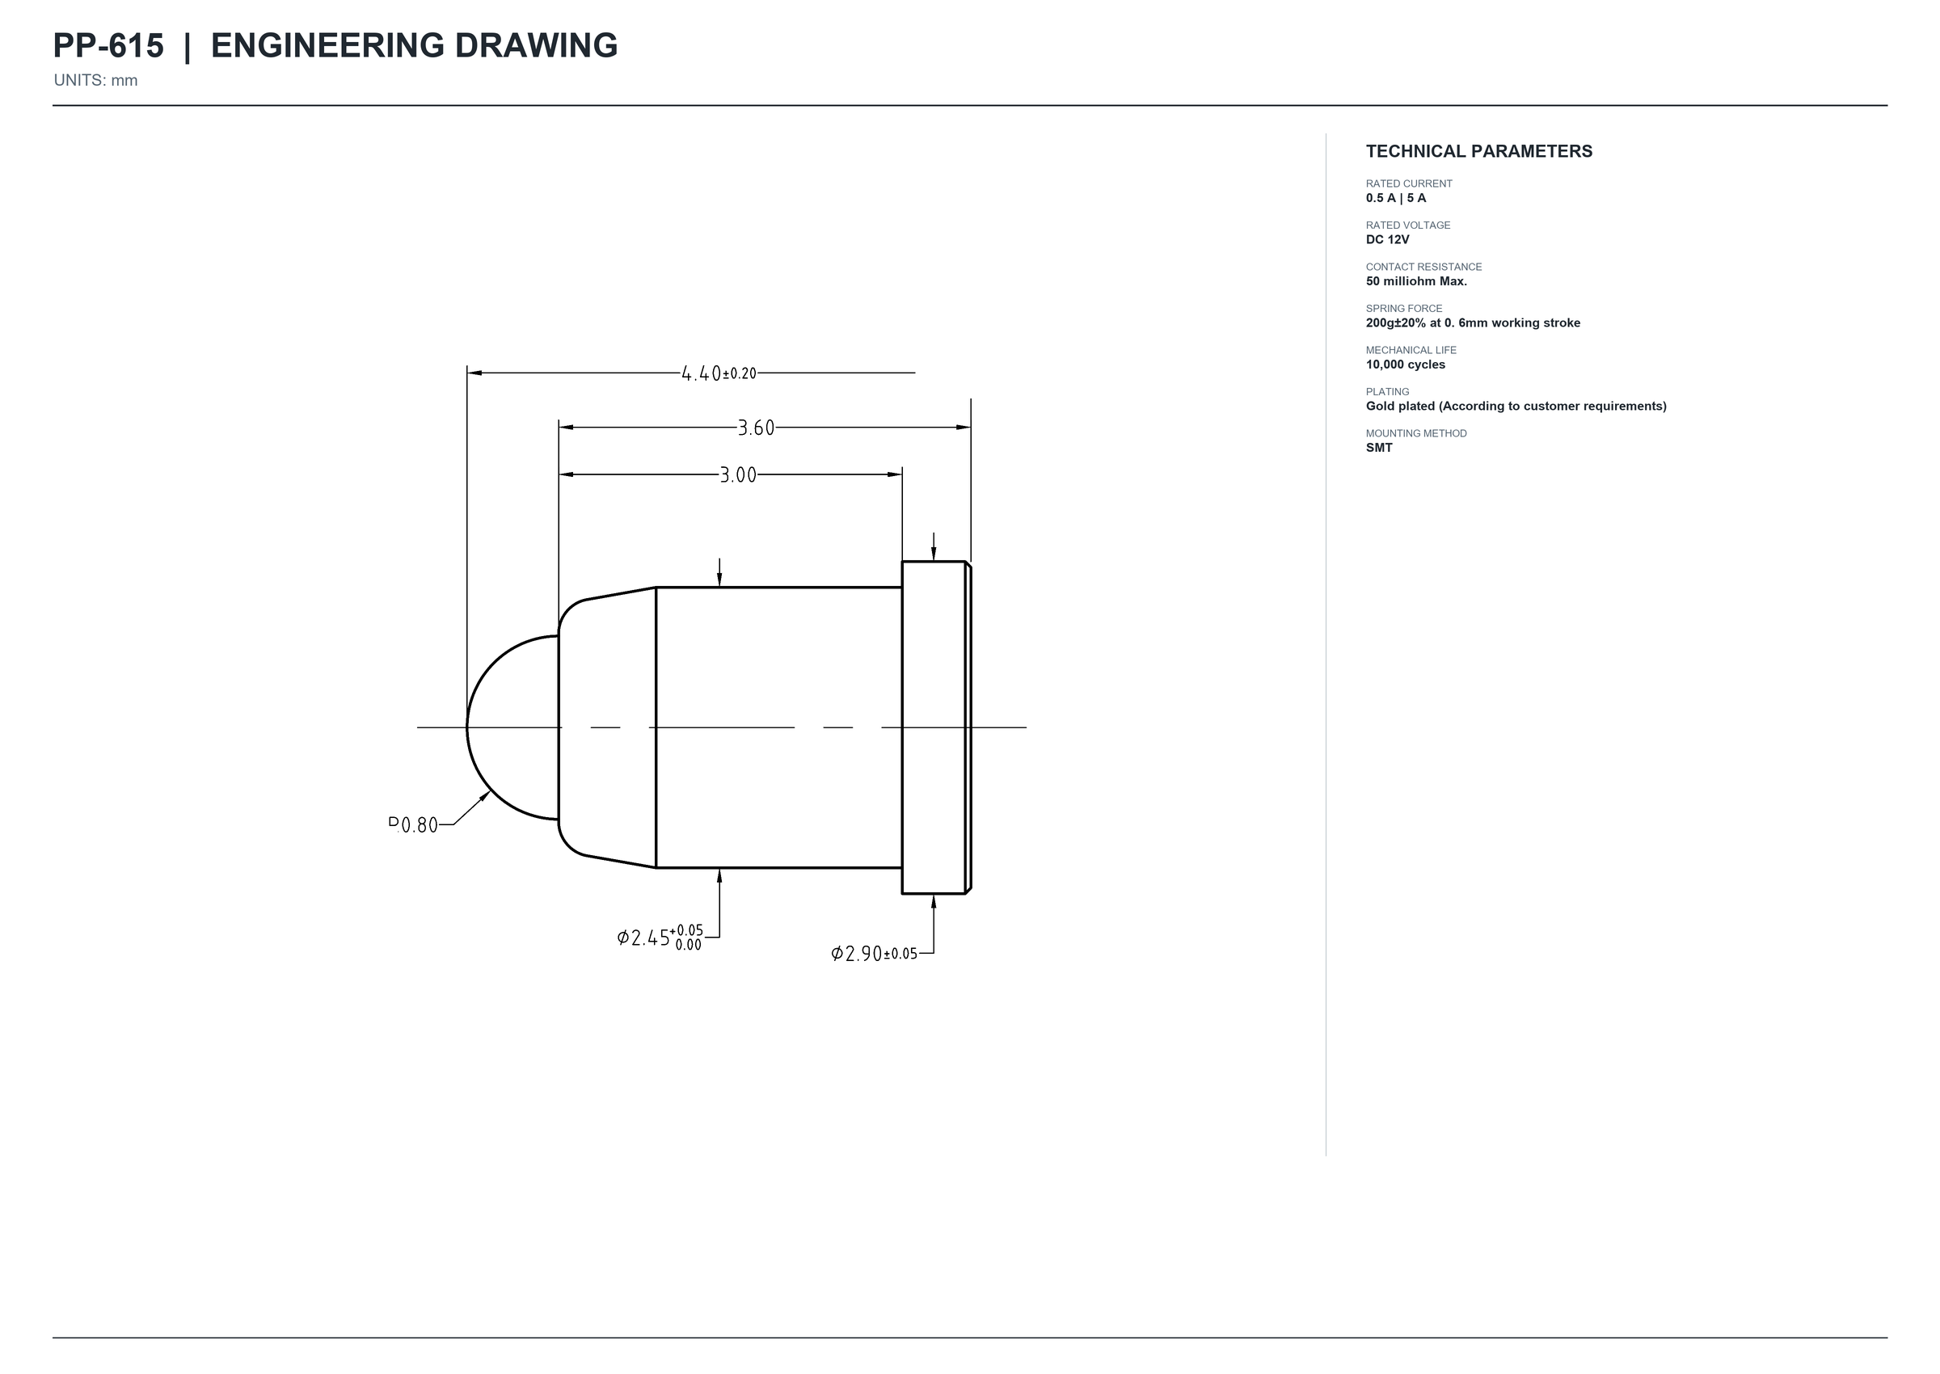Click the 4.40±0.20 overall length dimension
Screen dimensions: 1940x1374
pos(719,373)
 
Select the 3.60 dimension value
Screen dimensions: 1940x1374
pos(756,428)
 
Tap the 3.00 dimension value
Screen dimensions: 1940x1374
pos(738,475)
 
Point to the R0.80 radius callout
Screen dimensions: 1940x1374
pos(413,825)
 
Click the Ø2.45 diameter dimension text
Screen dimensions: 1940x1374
pos(660,938)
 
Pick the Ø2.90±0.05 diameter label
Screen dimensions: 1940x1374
pos(874,954)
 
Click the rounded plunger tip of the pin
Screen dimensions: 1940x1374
pos(512,727)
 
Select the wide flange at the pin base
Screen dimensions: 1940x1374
pos(937,727)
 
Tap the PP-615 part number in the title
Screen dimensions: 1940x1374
pos(108,46)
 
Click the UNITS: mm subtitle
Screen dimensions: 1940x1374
pos(95,80)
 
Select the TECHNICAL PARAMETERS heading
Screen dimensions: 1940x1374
pos(1479,151)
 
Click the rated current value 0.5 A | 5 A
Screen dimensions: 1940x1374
pos(1396,198)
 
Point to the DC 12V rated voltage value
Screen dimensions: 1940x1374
pos(1388,239)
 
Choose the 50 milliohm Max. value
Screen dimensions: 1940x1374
pos(1416,281)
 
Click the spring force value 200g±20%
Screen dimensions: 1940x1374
pos(1396,323)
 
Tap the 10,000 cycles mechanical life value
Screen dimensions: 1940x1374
pos(1406,365)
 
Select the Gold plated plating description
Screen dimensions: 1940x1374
pos(1516,406)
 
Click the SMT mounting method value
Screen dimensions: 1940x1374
pos(1379,448)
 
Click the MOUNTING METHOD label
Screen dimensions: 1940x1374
pos(1416,433)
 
